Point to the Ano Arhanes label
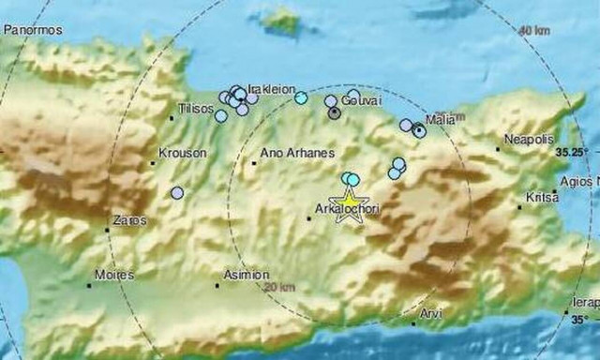tap(289, 152)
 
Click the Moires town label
tap(113, 276)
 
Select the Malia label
tap(439, 119)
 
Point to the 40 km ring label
tap(535, 31)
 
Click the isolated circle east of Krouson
tap(177, 193)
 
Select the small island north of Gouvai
tap(281, 19)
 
